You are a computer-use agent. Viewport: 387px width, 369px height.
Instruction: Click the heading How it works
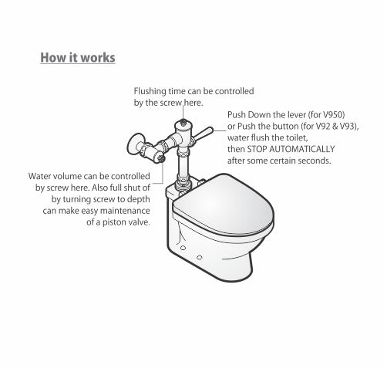pyautogui.click(x=78, y=58)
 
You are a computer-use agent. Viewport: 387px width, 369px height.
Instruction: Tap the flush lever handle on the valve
pyautogui.click(x=203, y=134)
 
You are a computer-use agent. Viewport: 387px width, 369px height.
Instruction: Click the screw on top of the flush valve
pyautogui.click(x=183, y=122)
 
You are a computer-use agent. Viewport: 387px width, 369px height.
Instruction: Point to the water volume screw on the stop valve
pyautogui.click(x=161, y=158)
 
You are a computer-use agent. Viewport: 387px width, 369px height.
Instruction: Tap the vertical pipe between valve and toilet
pyautogui.click(x=183, y=164)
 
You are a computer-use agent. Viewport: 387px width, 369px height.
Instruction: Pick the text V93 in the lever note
pyautogui.click(x=348, y=127)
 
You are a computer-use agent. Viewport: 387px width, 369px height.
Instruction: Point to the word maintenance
pyautogui.click(x=125, y=211)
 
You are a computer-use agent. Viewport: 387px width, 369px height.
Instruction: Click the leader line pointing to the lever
pyautogui.click(x=220, y=130)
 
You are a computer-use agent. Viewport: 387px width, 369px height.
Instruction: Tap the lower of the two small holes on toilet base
pyautogui.click(x=200, y=257)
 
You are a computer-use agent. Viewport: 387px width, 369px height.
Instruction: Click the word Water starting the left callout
pyautogui.click(x=40, y=177)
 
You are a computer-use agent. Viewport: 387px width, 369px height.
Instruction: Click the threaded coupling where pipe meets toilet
pyautogui.click(x=183, y=182)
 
